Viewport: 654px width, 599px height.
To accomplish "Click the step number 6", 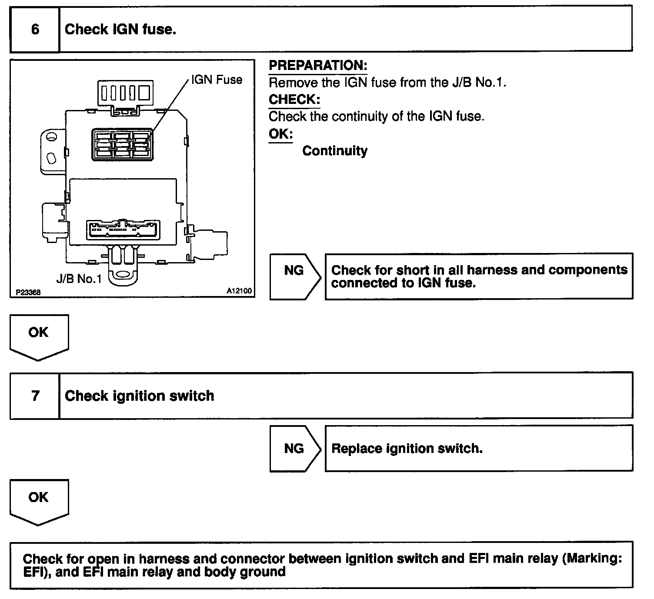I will click(x=35, y=29).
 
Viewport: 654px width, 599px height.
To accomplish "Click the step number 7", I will click(x=35, y=396).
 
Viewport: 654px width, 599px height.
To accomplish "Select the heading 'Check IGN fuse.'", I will click(x=120, y=29).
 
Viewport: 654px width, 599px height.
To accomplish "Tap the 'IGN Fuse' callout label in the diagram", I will click(x=217, y=80).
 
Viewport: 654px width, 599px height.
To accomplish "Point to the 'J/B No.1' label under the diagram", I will click(x=79, y=278).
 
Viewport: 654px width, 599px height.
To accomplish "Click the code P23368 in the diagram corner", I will click(x=28, y=293).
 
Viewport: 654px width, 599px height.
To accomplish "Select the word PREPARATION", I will click(x=318, y=66).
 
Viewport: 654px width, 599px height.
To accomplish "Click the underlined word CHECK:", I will click(x=294, y=100).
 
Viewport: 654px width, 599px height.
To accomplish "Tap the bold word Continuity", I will click(x=335, y=151).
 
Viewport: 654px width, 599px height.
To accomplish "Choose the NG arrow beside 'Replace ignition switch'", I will click(x=294, y=448).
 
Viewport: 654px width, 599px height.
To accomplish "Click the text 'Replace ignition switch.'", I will click(x=407, y=448).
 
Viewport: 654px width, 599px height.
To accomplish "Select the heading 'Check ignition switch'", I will click(x=139, y=396).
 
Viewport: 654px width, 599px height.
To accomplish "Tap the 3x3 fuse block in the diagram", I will click(x=121, y=143).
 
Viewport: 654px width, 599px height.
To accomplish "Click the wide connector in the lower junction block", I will click(x=123, y=229).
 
